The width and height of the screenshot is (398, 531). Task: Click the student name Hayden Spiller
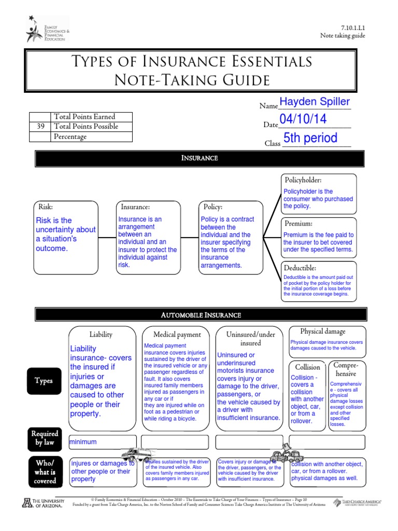pyautogui.click(x=315, y=102)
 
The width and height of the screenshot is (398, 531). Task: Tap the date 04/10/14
pyautogui.click(x=303, y=119)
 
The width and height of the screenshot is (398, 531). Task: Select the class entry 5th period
pyautogui.click(x=310, y=138)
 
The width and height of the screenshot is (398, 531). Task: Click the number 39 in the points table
pyautogui.click(x=40, y=127)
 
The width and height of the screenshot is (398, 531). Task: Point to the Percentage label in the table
pyautogui.click(x=70, y=136)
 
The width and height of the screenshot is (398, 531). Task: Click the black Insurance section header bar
pyautogui.click(x=200, y=158)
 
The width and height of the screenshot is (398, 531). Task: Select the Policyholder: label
pyautogui.click(x=303, y=180)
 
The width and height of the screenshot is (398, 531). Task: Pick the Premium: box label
pyautogui.click(x=298, y=223)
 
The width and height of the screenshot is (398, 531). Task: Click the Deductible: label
pyautogui.click(x=300, y=268)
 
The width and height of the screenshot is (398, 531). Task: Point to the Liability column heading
pyautogui.click(x=101, y=334)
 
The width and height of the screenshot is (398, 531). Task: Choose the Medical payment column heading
pyautogui.click(x=177, y=334)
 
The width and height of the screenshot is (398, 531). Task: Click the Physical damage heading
pyautogui.click(x=322, y=331)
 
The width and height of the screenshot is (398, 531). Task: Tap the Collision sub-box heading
pyautogui.click(x=307, y=367)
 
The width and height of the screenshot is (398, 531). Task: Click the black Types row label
pyautogui.click(x=44, y=381)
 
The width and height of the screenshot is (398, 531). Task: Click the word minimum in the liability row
pyautogui.click(x=83, y=442)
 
